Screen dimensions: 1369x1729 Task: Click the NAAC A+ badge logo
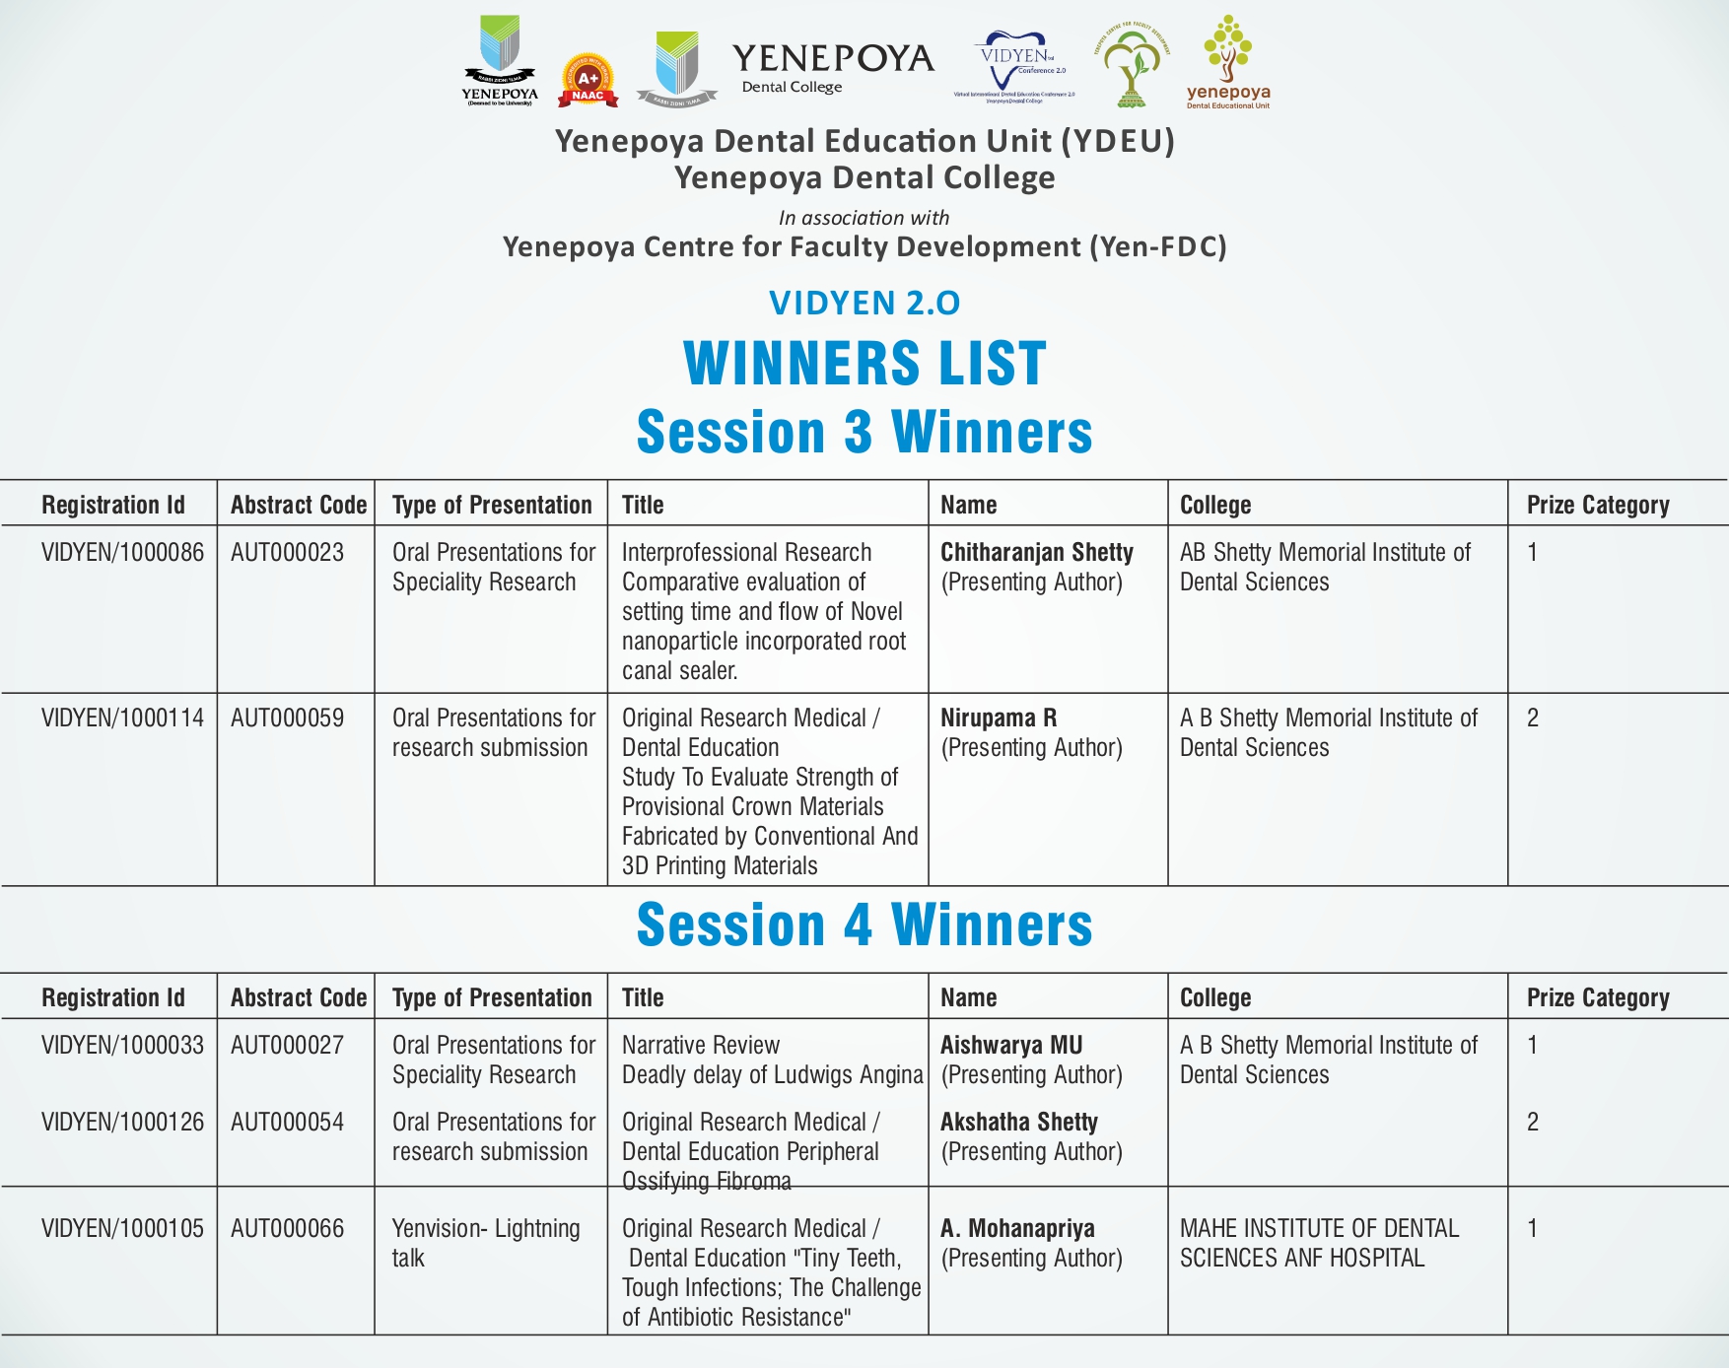[588, 80]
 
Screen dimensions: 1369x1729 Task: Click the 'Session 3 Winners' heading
[864, 432]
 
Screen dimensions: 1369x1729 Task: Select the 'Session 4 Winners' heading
[864, 924]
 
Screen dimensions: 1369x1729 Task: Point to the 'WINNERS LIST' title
[864, 363]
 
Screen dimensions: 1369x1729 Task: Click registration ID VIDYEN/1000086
[122, 553]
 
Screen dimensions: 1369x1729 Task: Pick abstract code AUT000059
[287, 719]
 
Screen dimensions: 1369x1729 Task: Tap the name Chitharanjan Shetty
[1036, 553]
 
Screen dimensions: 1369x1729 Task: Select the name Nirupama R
[998, 719]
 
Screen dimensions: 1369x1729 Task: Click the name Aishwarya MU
[1010, 1046]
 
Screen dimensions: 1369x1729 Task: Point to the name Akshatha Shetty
[1018, 1123]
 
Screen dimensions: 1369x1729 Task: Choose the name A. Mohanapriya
[1017, 1229]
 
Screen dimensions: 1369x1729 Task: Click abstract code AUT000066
[287, 1229]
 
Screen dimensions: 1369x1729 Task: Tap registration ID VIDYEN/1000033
[122, 1046]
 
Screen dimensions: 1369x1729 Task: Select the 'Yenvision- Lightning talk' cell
[486, 1243]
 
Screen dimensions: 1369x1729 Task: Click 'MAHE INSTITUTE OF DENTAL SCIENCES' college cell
[1318, 1243]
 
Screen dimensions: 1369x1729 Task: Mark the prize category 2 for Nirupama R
[1532, 719]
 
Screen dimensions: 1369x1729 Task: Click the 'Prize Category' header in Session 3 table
[1597, 505]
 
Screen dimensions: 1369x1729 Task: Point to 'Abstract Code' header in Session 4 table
[298, 997]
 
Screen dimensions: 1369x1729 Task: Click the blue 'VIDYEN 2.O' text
[864, 303]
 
